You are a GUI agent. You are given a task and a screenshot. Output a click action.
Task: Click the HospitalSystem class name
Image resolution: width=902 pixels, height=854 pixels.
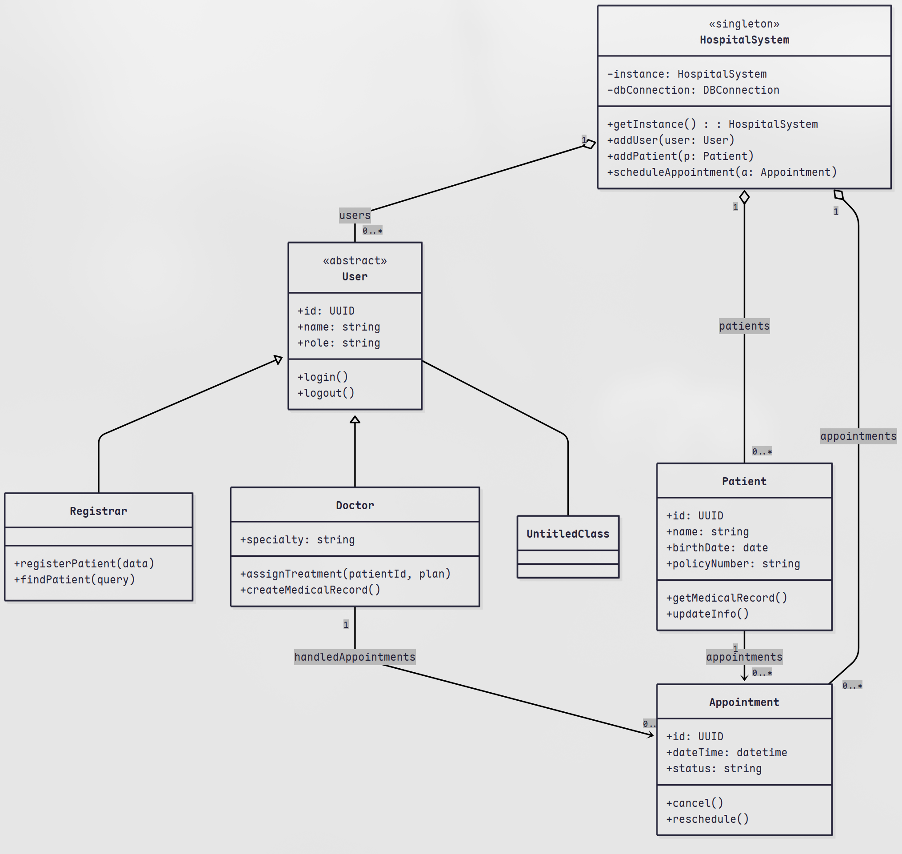click(x=744, y=40)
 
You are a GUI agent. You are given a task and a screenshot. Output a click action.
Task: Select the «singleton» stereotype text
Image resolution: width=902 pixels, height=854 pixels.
click(x=744, y=24)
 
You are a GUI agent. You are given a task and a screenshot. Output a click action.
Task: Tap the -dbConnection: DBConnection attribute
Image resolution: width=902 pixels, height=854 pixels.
click(x=693, y=90)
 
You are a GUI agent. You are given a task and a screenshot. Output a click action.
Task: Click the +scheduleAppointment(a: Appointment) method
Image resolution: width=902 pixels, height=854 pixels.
click(x=722, y=172)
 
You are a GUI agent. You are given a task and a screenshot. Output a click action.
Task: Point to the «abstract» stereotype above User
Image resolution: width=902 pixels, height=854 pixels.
click(x=355, y=261)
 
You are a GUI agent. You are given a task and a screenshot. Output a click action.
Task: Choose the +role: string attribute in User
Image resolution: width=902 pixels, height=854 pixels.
click(x=338, y=343)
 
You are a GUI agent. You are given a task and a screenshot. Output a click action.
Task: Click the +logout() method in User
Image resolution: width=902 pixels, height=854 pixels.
click(x=326, y=393)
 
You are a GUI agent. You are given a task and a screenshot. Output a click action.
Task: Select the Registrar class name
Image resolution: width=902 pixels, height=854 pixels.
click(x=98, y=511)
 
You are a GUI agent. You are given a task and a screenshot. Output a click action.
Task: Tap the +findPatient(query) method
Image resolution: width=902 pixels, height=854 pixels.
click(x=74, y=579)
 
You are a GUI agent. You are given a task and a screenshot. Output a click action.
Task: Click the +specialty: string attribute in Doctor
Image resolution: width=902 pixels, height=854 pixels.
click(x=297, y=539)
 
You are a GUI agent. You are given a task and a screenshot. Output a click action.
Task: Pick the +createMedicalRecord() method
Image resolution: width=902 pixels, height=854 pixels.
click(x=310, y=590)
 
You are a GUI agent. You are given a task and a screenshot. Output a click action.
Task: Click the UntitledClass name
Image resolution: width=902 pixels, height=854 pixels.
click(x=568, y=534)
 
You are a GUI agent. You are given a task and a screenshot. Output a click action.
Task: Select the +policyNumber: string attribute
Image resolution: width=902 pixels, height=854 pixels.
click(x=733, y=563)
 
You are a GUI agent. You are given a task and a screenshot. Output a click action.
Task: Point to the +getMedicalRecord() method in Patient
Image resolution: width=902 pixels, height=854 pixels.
click(x=726, y=598)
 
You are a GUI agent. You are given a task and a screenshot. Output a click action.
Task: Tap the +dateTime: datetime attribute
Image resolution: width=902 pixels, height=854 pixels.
click(x=726, y=753)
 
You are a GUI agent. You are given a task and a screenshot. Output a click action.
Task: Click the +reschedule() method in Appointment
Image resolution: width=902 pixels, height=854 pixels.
click(x=707, y=819)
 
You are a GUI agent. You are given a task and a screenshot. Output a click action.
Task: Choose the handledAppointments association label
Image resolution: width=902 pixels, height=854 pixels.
click(x=355, y=657)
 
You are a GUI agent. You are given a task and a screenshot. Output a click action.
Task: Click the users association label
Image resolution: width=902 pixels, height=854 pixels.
click(x=355, y=215)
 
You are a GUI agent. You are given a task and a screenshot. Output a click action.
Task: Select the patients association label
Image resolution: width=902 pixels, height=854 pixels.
click(x=744, y=326)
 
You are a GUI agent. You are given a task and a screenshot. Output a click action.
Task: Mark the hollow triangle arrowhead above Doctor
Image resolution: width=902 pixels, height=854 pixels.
click(x=355, y=420)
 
